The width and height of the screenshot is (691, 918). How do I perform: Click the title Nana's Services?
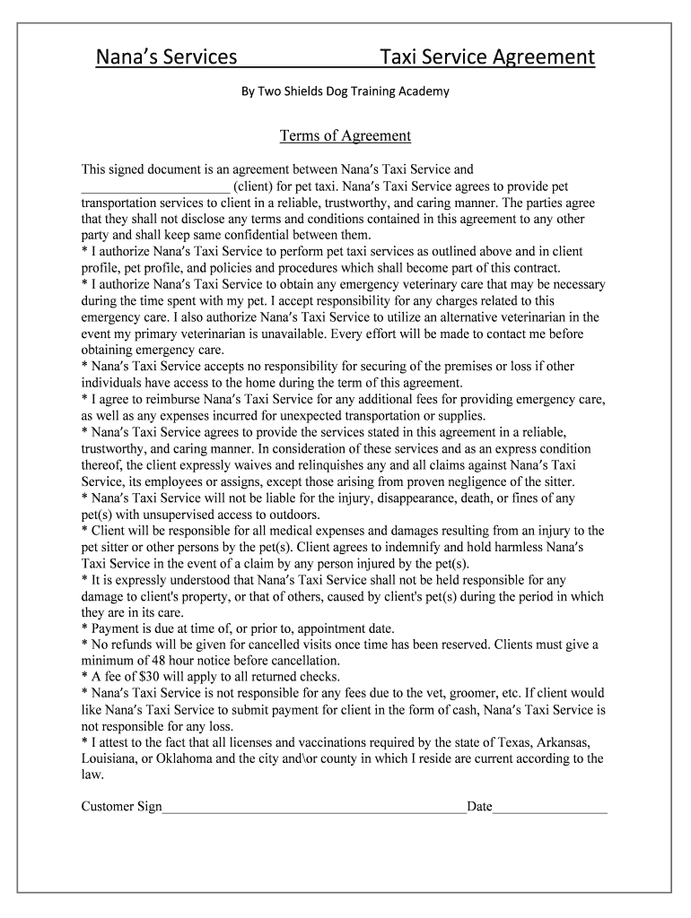click(x=167, y=58)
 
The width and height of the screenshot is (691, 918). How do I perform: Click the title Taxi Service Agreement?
click(x=486, y=58)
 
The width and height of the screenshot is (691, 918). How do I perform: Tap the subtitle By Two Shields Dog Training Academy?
click(x=345, y=91)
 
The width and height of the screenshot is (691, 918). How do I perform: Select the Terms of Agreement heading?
click(x=345, y=136)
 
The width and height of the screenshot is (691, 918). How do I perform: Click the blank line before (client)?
click(x=155, y=186)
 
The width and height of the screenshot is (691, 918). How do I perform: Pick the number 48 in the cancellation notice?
click(x=162, y=661)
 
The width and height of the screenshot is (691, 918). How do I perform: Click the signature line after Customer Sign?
click(x=314, y=807)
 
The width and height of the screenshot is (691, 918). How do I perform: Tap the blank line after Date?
click(x=550, y=807)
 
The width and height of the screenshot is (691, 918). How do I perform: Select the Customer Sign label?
click(x=121, y=807)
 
